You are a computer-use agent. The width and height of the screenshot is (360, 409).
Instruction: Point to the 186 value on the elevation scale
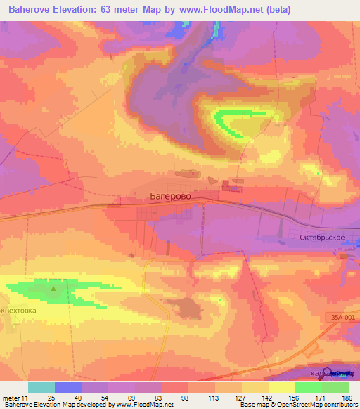[x=346, y=398]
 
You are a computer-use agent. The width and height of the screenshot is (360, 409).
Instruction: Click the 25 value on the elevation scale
[x=51, y=398]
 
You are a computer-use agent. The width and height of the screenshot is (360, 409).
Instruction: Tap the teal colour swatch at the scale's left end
[x=41, y=387]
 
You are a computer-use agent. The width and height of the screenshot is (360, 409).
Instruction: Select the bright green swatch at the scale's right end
[x=335, y=387]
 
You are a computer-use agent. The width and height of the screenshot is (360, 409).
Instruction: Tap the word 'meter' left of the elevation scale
[x=14, y=398]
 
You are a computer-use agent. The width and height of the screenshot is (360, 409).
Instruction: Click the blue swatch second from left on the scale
[x=68, y=387]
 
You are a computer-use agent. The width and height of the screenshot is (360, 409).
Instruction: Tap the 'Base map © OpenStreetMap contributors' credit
[x=297, y=405]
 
